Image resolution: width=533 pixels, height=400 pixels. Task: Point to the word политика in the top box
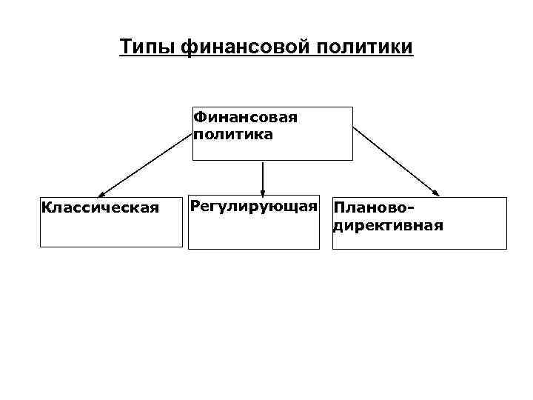[232, 135]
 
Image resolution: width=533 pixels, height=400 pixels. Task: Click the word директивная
[389, 225]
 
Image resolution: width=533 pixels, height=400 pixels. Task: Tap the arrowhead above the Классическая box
[101, 193]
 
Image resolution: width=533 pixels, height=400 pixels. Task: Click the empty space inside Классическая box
[111, 230]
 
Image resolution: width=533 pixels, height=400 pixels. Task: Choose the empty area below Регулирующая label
[254, 233]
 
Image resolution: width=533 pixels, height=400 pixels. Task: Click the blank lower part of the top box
[272, 150]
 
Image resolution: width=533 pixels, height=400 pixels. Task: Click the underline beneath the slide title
[266, 57]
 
